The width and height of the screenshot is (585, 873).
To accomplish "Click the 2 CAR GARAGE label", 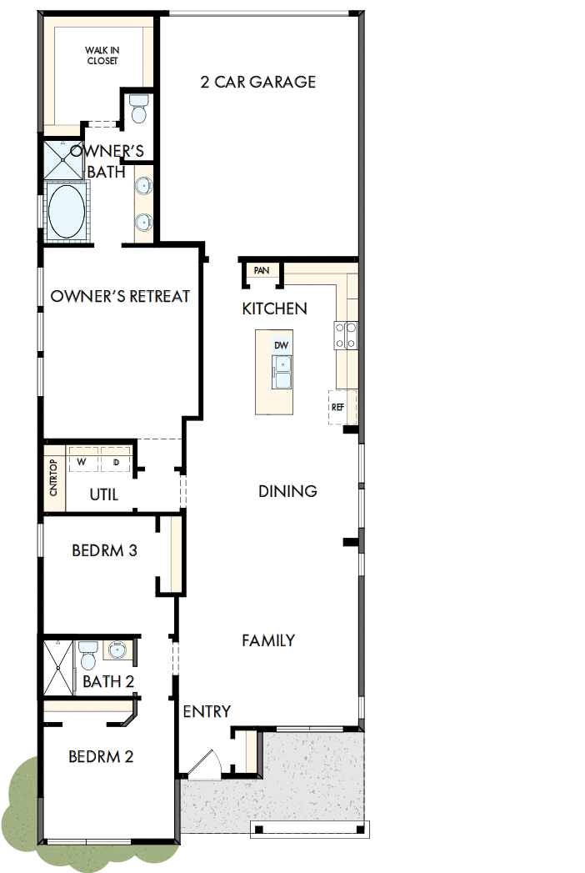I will pos(258,82).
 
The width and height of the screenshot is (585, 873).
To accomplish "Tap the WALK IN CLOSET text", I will pos(102,56).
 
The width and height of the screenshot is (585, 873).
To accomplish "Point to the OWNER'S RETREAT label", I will pos(121,296).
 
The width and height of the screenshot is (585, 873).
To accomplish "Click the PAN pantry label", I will pos(262,271).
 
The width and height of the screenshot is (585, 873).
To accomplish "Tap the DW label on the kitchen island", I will pos(281,344).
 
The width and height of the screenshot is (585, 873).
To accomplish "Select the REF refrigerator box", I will pos(337,407).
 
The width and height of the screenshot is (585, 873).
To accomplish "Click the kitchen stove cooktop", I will pos(346,334).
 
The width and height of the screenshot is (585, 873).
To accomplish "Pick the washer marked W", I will pos(82,461).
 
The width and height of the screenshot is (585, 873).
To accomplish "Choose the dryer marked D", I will pos(116,461).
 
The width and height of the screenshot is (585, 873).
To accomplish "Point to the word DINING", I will pos(287,491).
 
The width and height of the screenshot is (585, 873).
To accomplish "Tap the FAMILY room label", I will pos(268,640).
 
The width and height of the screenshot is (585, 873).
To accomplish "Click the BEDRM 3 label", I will pos(104,550).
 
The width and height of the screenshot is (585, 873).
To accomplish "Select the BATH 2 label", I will pos(108,681).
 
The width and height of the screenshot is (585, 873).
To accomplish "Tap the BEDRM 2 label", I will pos(101,757).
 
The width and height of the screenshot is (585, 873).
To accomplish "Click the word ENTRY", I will pos(207,711).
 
